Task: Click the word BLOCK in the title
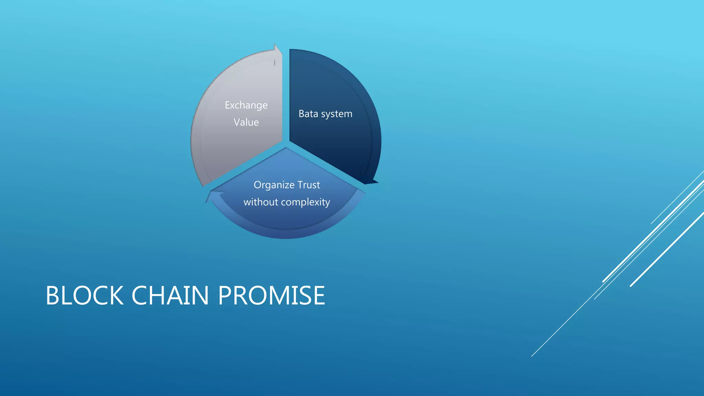point(85,295)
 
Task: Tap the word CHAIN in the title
point(170,295)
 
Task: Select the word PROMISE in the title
point(272,295)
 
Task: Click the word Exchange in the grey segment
point(246,105)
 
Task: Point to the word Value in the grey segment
point(246,122)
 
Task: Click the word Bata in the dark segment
point(308,114)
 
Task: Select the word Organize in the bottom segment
point(274,185)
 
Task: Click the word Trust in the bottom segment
point(309,185)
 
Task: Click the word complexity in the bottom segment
point(305,202)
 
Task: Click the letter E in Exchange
point(228,105)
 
